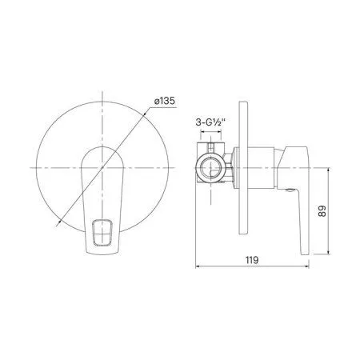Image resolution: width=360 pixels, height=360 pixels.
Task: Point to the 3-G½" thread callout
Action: (x=211, y=123)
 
